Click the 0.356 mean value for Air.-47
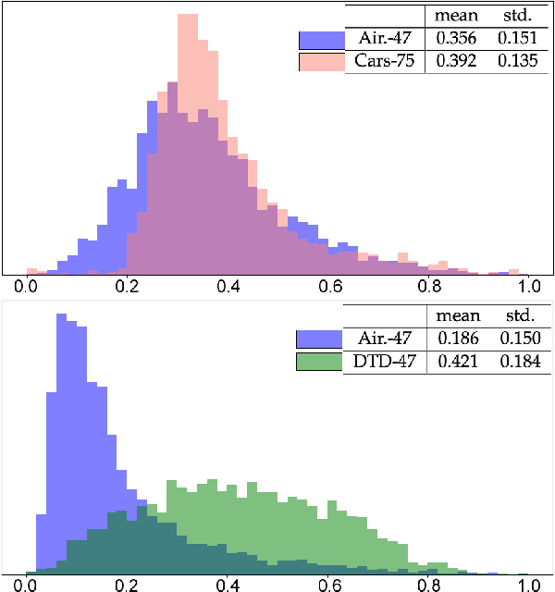point(454,39)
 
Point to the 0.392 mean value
point(454,62)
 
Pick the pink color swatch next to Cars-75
point(321,62)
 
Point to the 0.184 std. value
point(518,362)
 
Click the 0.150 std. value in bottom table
point(518,339)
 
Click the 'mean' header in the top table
point(456,16)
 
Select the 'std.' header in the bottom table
point(518,315)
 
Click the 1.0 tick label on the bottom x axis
point(528,586)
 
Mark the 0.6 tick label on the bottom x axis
point(328,586)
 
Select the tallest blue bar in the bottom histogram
point(62,444)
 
